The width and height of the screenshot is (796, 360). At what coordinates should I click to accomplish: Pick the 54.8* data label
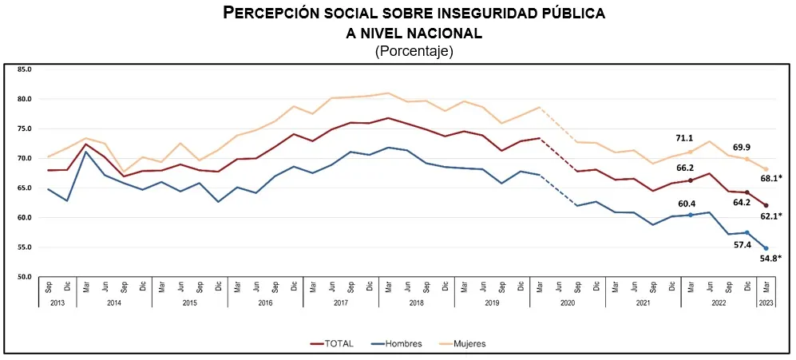[x=771, y=258]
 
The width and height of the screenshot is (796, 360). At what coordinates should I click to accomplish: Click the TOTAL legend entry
[x=331, y=344]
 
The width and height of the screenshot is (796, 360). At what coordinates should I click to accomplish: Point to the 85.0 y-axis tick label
[x=25, y=69]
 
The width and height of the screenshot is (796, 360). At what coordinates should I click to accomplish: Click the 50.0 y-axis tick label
[x=25, y=277]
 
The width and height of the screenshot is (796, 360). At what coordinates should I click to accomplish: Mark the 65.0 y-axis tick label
[x=25, y=188]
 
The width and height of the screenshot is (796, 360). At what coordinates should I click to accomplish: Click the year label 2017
[x=341, y=303]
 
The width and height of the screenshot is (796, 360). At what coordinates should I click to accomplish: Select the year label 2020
[x=568, y=303]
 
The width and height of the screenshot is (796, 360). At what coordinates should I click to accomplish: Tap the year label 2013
[x=57, y=303]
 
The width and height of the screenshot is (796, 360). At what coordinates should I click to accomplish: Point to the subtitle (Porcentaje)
[x=414, y=51]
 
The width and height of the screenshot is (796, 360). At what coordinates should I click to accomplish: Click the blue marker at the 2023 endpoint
[x=766, y=248]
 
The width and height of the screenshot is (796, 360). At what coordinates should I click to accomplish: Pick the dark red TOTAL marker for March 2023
[x=766, y=206]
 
